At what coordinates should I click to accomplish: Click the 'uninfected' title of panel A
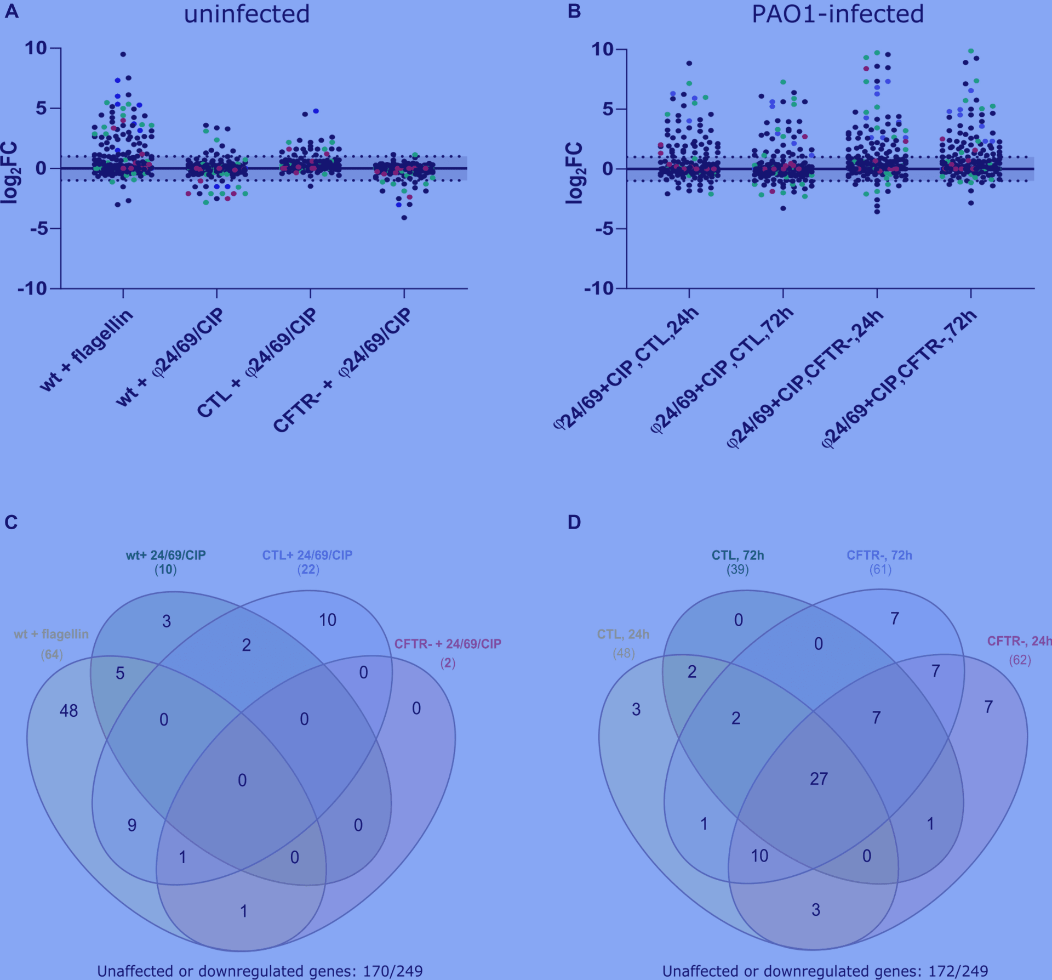click(x=247, y=14)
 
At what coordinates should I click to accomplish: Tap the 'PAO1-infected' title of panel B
click(x=837, y=14)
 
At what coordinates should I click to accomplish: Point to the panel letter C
click(x=11, y=522)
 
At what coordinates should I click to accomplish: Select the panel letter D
click(x=574, y=522)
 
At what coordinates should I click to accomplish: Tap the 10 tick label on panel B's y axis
click(x=602, y=49)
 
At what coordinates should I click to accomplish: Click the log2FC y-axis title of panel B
click(x=574, y=173)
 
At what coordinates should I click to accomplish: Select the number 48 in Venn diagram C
click(x=68, y=711)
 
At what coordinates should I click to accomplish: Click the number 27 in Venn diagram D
click(x=819, y=779)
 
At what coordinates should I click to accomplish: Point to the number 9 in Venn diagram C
click(x=132, y=825)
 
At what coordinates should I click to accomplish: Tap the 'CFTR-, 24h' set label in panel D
click(x=1020, y=641)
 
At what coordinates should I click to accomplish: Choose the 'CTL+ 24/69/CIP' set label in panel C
click(x=307, y=555)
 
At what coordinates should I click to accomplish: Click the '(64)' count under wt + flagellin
click(x=52, y=655)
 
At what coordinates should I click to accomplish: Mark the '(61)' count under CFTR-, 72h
click(x=880, y=570)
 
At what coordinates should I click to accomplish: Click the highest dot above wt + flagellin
click(x=123, y=54)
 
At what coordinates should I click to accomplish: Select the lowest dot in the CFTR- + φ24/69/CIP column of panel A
click(x=404, y=218)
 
